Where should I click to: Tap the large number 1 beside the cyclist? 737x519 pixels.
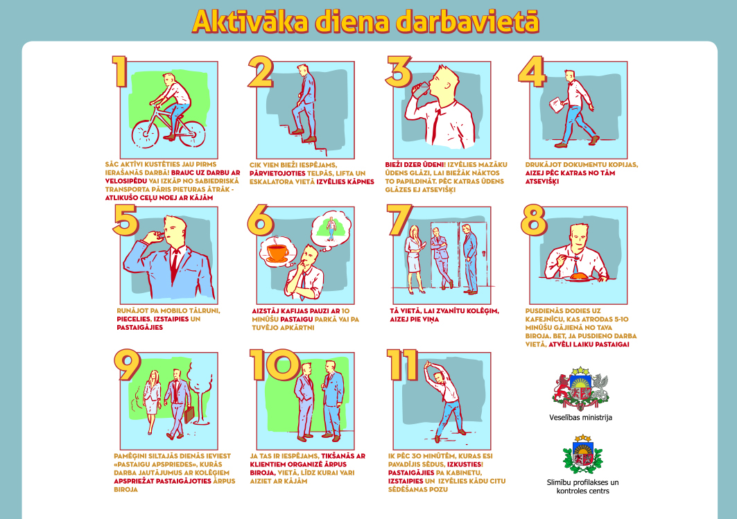click(x=120, y=71)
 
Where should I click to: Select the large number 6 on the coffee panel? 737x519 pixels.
click(x=261, y=220)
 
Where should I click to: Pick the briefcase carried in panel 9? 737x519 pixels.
click(x=189, y=414)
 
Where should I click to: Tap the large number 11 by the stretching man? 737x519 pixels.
click(x=403, y=364)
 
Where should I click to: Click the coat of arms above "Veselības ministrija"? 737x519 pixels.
click(x=580, y=387)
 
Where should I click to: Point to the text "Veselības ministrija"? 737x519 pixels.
click(x=580, y=418)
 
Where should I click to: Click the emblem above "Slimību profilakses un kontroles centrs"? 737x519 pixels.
click(x=582, y=454)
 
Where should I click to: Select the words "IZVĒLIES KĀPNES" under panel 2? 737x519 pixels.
click(x=345, y=182)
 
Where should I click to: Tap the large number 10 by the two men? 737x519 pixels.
click(x=275, y=364)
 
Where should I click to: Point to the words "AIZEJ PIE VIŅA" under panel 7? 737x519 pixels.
click(x=414, y=319)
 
